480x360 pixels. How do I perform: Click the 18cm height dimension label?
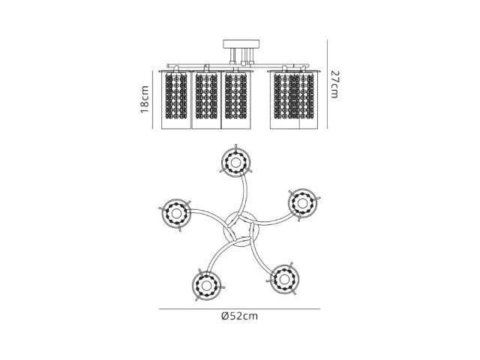pyautogui.click(x=145, y=99)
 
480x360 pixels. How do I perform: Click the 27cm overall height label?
pyautogui.click(x=335, y=84)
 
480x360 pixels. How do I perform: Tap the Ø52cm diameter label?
pyautogui.click(x=239, y=316)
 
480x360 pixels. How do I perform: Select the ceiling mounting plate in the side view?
pyautogui.click(x=241, y=44)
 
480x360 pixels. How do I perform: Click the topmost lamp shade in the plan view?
pyautogui.click(x=235, y=162)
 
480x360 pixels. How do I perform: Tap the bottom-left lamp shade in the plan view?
pyautogui.click(x=207, y=286)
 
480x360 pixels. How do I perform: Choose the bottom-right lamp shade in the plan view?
pyautogui.click(x=284, y=278)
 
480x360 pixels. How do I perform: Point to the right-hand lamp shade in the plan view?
pyautogui.click(x=302, y=203)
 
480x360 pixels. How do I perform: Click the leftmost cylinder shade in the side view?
pyautogui.click(x=176, y=100)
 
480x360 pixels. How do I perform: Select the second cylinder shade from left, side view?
pyautogui.click(x=206, y=100)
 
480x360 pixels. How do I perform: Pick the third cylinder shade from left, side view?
pyautogui.click(x=236, y=100)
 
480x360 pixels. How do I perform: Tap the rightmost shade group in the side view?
pyautogui.click(x=294, y=100)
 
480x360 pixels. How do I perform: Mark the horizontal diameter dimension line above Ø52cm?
pyautogui.click(x=239, y=309)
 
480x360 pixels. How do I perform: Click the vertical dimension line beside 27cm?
pyautogui.click(x=327, y=84)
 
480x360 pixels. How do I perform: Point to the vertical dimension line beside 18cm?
pyautogui.click(x=152, y=100)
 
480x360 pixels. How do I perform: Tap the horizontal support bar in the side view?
pyautogui.click(x=238, y=66)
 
